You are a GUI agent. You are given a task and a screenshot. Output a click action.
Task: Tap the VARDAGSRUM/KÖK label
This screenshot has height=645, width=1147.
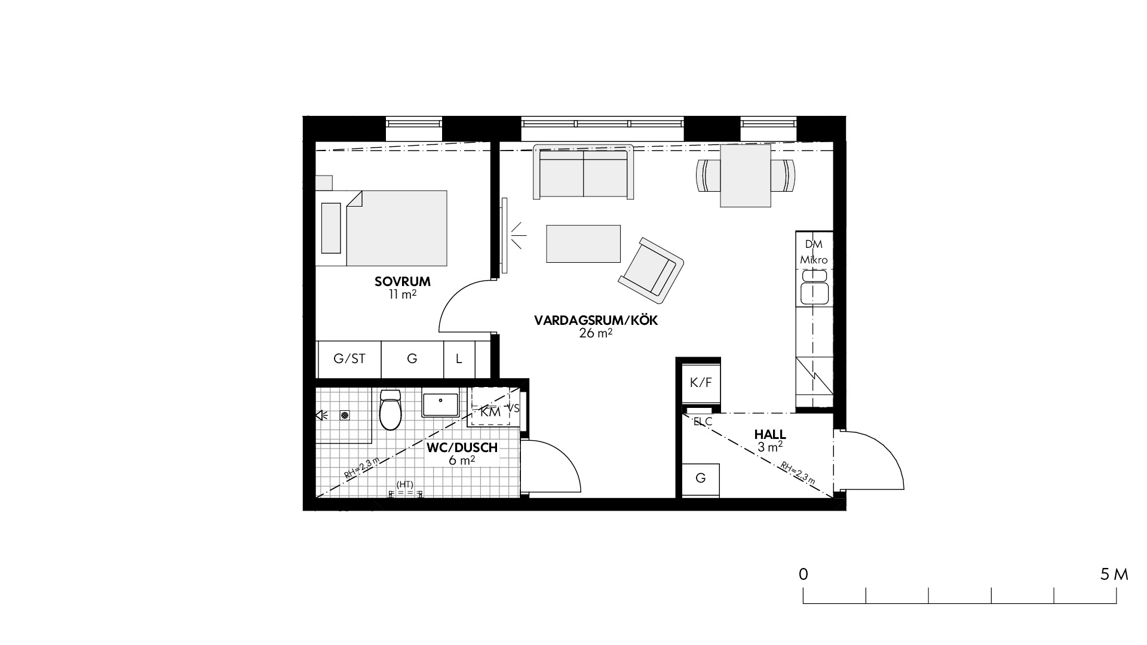[596, 321]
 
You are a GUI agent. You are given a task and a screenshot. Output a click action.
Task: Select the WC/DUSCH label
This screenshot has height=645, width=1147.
[462, 448]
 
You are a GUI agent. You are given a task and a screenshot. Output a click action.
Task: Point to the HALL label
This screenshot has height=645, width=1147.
[770, 435]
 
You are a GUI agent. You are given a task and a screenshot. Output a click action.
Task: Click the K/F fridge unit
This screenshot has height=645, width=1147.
[701, 383]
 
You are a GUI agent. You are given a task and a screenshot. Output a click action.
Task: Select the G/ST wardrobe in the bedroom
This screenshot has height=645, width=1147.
[349, 359]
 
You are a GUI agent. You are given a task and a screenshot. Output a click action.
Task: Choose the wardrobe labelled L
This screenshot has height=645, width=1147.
[459, 359]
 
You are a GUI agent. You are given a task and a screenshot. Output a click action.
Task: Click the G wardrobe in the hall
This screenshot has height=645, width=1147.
[701, 478]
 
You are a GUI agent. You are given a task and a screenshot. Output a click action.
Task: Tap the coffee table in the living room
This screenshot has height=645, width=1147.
[584, 243]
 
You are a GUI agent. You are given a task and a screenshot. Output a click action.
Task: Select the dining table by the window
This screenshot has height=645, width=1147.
[746, 176]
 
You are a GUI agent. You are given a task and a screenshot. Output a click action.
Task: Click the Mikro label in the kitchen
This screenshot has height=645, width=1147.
[814, 260]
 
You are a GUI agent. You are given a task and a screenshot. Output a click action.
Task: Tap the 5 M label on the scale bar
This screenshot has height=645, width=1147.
[1114, 575]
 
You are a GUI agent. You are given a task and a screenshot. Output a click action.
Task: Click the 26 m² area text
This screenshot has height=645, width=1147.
[596, 333]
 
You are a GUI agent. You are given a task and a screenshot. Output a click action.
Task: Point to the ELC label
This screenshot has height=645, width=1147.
[703, 421]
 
